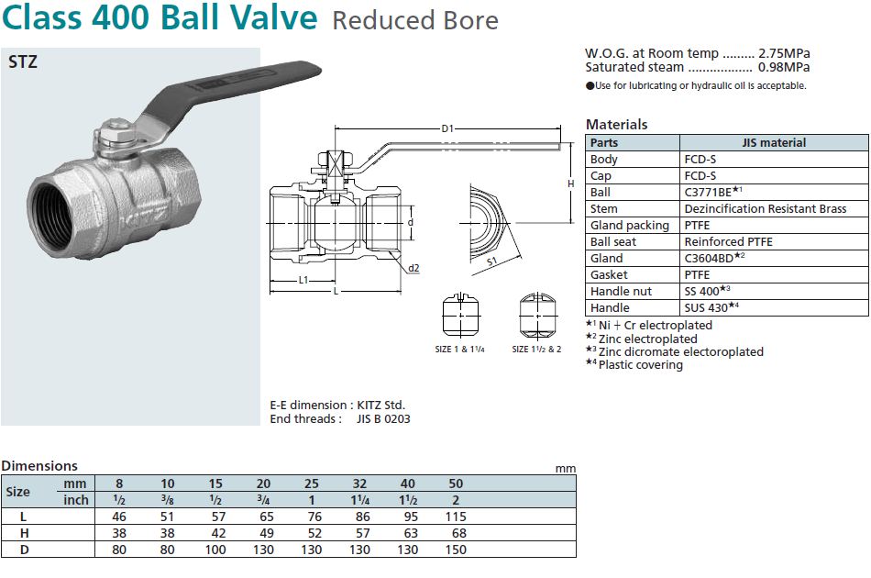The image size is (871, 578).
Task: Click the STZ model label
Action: [23, 63]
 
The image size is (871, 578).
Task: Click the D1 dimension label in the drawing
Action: [447, 129]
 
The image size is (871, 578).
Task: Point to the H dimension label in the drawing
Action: [570, 183]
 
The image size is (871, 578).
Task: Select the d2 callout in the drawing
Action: [414, 268]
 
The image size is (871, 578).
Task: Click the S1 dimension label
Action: [492, 261]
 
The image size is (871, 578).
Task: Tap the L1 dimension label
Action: [302, 280]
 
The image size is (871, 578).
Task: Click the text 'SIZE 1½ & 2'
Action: [536, 349]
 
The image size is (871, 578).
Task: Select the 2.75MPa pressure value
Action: [784, 53]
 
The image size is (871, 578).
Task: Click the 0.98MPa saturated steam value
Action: [784, 67]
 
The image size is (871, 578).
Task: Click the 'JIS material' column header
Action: [774, 142]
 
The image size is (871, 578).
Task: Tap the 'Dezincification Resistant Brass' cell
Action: [765, 208]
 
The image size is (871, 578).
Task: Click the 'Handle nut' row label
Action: [621, 291]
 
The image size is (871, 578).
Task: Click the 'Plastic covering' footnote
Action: [640, 364]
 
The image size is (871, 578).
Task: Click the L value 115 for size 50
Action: [456, 517]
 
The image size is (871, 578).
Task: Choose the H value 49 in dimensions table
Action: [263, 533]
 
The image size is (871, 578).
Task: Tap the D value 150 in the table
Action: [456, 550]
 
